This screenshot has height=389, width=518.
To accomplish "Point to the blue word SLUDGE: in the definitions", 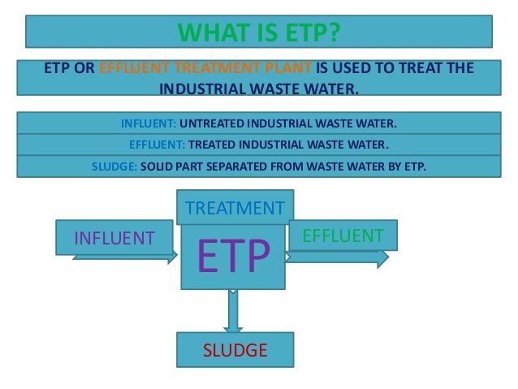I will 110,167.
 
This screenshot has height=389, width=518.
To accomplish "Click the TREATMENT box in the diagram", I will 235,208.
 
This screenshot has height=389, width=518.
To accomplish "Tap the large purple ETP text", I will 234,257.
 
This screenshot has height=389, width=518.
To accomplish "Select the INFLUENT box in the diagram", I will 114,237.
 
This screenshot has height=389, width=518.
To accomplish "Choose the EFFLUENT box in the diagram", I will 342,236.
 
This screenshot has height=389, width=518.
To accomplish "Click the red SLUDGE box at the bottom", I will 235,351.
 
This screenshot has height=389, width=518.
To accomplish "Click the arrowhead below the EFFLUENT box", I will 382,257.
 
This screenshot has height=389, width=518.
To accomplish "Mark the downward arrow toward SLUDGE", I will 233,313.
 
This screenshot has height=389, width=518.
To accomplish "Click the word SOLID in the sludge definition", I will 157,167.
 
